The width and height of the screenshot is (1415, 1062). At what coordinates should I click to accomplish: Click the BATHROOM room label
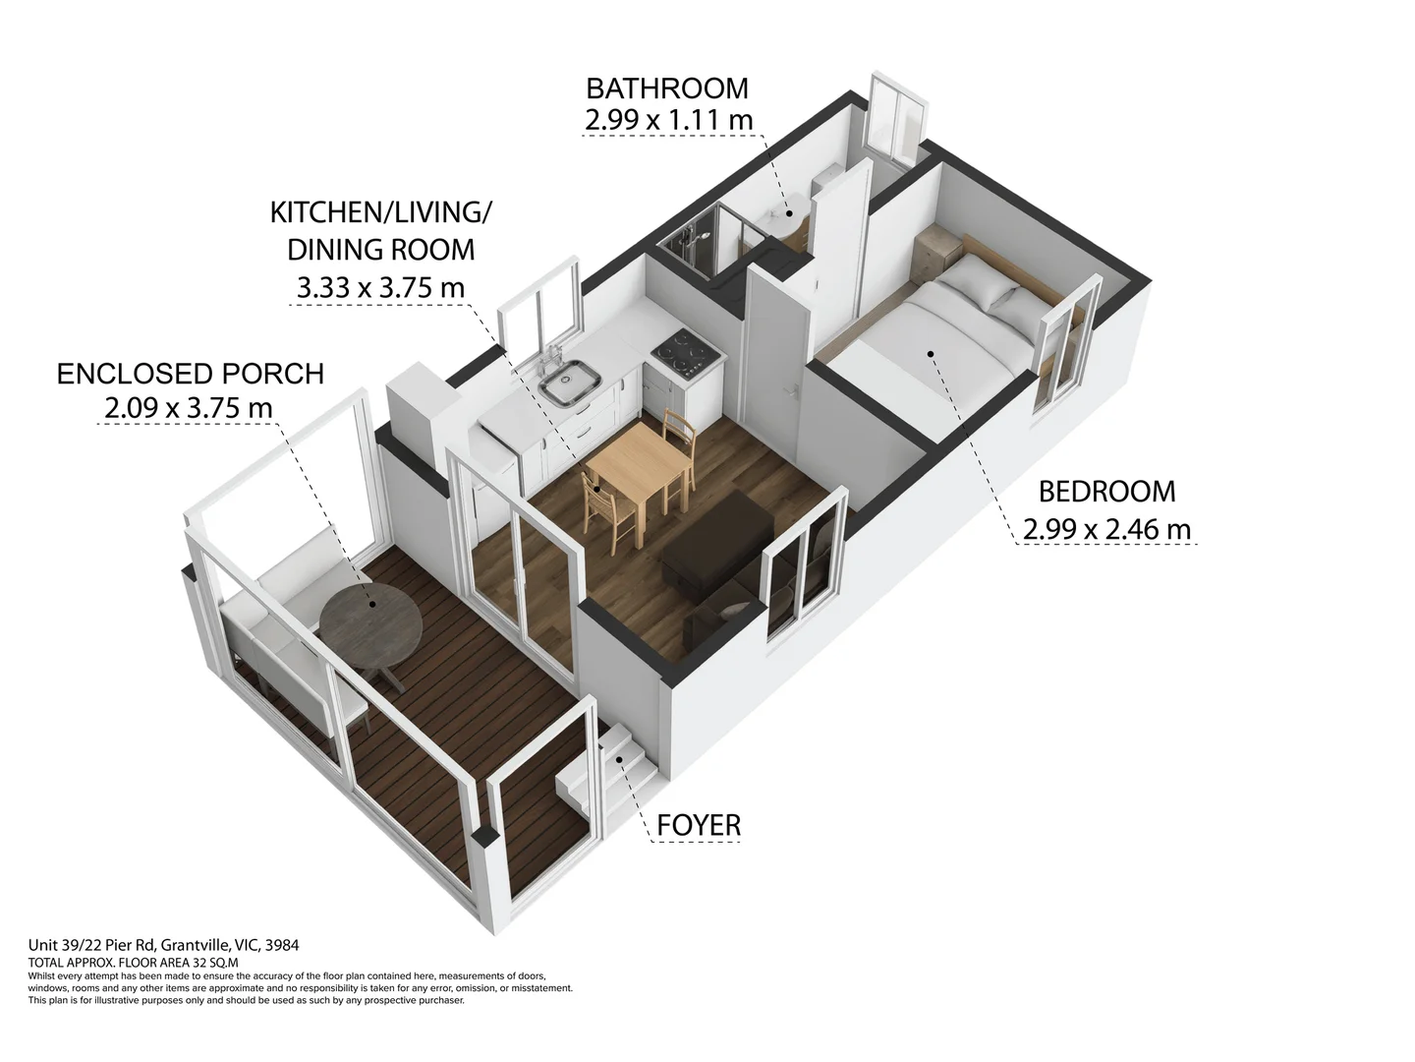pos(666,88)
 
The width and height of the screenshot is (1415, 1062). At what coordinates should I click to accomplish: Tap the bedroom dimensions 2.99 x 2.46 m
pos(1106,529)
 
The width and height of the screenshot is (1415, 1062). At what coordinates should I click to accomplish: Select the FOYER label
pos(699,825)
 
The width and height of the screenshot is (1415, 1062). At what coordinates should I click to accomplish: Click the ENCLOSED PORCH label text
pos(191,374)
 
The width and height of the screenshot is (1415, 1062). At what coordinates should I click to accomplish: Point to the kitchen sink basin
pos(569,382)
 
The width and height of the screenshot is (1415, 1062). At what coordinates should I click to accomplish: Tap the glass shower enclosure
pos(709,241)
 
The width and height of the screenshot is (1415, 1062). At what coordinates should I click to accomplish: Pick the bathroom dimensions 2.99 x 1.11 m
pos(668,121)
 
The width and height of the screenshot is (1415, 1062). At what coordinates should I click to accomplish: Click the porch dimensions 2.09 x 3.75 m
pos(189,408)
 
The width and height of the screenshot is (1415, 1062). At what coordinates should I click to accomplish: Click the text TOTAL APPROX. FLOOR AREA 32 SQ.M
pos(133,963)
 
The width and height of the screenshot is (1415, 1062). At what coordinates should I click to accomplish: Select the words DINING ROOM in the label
pos(380,250)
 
